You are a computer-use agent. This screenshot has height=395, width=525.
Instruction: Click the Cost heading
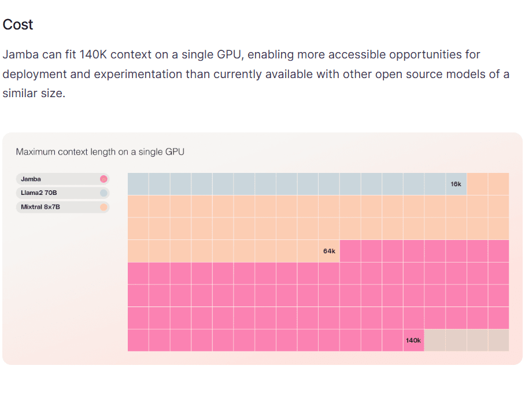[18, 25]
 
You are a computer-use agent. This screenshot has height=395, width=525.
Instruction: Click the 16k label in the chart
[456, 184]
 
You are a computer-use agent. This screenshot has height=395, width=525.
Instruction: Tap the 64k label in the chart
[329, 251]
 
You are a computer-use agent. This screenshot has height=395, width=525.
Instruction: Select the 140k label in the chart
[413, 341]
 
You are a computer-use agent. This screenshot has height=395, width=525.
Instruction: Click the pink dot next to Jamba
[104, 179]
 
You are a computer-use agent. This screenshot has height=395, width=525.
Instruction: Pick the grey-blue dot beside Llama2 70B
[104, 193]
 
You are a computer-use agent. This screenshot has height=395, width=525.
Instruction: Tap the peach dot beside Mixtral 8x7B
[104, 207]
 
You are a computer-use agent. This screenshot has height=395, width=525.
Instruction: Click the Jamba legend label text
[31, 179]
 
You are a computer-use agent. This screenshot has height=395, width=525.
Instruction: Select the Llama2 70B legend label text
[39, 193]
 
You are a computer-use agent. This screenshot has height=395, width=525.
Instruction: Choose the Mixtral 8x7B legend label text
[40, 207]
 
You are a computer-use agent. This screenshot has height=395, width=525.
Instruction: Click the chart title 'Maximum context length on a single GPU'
[100, 152]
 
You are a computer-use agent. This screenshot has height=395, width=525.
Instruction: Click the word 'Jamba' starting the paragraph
[19, 55]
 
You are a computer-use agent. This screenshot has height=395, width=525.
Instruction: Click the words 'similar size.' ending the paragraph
[34, 93]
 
